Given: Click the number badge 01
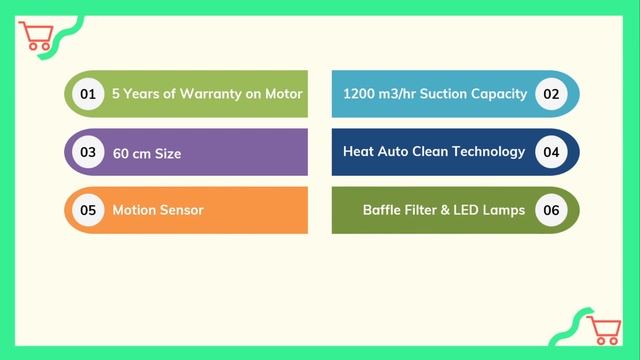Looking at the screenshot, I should pos(88,94).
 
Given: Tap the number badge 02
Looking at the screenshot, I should pos(550,94).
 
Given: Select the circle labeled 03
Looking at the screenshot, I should pos(88,153).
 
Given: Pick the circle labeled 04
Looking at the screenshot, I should pos(550,152).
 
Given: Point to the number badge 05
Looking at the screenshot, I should pos(88,210).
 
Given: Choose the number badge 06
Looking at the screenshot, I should pos(550,210).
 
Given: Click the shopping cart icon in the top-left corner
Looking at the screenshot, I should pos(37,36).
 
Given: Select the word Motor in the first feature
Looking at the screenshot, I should pos(284,94).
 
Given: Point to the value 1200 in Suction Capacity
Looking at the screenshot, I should pos(359,94).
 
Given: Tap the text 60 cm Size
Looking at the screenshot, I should pos(147,153).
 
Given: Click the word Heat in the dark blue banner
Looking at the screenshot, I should pos(359,152).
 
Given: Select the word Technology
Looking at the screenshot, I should pos(488,152).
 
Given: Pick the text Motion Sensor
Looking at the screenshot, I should pos(158,210).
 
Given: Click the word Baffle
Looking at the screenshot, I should pos(385,210).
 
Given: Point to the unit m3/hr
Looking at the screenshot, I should pos(396,94).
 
